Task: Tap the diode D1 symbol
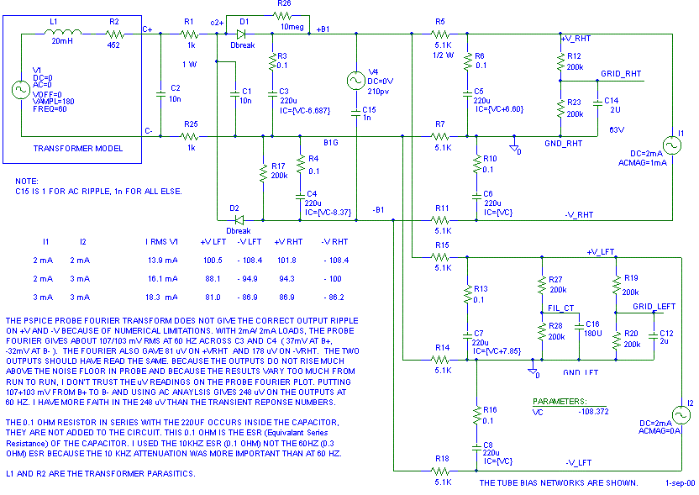(x=243, y=34)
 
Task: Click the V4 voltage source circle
(x=357, y=80)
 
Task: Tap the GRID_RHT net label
(x=621, y=74)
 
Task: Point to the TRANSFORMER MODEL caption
(x=78, y=149)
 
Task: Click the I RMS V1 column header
(x=161, y=241)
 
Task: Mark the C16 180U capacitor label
(x=593, y=328)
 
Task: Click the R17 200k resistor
(x=263, y=174)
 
